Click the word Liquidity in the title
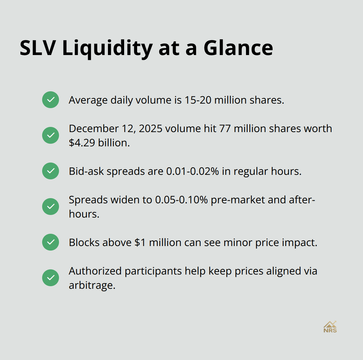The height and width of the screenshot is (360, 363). [x=107, y=48]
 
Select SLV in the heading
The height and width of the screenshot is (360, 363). [x=38, y=48]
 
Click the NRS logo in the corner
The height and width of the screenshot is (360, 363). [x=330, y=327]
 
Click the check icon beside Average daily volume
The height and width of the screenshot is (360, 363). [x=51, y=100]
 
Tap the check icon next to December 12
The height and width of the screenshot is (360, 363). [x=51, y=135]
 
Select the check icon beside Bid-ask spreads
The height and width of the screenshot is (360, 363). [x=51, y=171]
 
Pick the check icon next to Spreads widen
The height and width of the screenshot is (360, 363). [x=51, y=207]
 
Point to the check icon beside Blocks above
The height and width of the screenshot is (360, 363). [x=51, y=242]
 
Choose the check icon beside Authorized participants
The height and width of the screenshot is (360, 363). [x=51, y=278]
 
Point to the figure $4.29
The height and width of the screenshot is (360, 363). [x=83, y=143]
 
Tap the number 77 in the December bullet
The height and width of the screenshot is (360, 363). [x=224, y=129]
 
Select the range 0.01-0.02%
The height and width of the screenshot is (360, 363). [x=193, y=171]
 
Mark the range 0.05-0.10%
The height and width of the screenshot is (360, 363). [x=181, y=200]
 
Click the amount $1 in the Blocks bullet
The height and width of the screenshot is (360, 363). [x=140, y=242]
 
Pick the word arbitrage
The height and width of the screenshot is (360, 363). [x=92, y=285]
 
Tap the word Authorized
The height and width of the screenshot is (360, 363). [x=95, y=271]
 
